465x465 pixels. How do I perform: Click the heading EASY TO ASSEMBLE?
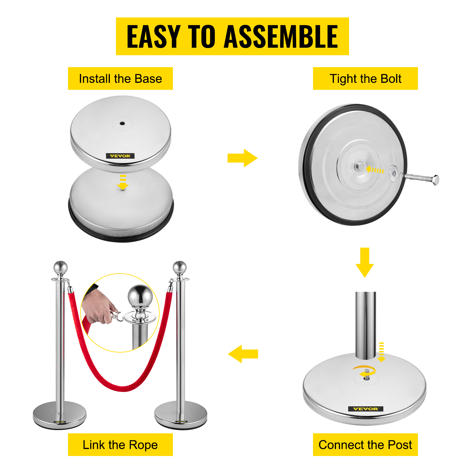[232, 36]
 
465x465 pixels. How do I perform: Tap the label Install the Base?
[120, 79]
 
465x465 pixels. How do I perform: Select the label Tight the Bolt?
[365, 79]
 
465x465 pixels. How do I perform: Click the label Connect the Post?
[365, 445]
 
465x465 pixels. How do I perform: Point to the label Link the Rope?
[120, 445]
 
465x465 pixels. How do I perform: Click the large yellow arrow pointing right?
[242, 158]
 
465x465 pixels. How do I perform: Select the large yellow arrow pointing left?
[243, 354]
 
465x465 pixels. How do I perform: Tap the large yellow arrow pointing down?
[365, 262]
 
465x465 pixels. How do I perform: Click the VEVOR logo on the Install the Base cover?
[120, 156]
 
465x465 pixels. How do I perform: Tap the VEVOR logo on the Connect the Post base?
[366, 409]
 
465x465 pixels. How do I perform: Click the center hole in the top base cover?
[122, 124]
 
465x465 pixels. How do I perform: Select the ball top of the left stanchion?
[60, 267]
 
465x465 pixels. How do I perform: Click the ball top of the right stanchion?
[180, 267]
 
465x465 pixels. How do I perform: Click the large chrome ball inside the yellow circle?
[140, 296]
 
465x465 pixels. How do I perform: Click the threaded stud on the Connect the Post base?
[367, 375]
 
